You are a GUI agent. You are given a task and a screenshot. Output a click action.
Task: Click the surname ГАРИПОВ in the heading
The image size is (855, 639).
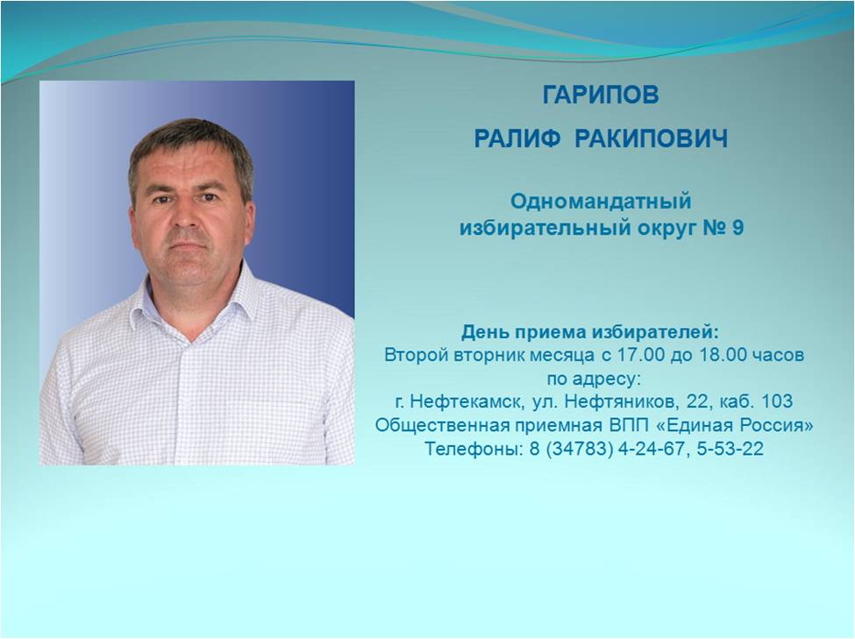pyautogui.click(x=601, y=95)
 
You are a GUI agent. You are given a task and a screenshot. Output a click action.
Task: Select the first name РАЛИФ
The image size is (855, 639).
pyautogui.click(x=517, y=138)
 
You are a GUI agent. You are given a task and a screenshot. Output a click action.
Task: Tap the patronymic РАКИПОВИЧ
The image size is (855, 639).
pyautogui.click(x=652, y=138)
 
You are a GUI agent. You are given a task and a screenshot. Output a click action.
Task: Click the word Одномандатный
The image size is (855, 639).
pyautogui.click(x=601, y=202)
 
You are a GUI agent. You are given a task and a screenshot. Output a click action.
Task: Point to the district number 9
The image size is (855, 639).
pyautogui.click(x=737, y=227)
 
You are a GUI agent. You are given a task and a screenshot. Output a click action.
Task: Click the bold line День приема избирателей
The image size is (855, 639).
pyautogui.click(x=590, y=331)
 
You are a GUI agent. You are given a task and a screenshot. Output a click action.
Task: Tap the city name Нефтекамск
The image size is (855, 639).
pyautogui.click(x=468, y=401)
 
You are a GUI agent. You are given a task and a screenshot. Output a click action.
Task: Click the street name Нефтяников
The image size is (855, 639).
pyautogui.click(x=622, y=401)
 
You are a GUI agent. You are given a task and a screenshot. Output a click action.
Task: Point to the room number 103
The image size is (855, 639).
pyautogui.click(x=776, y=401)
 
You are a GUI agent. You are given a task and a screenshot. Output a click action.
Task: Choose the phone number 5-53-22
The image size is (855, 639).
pyautogui.click(x=730, y=449)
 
